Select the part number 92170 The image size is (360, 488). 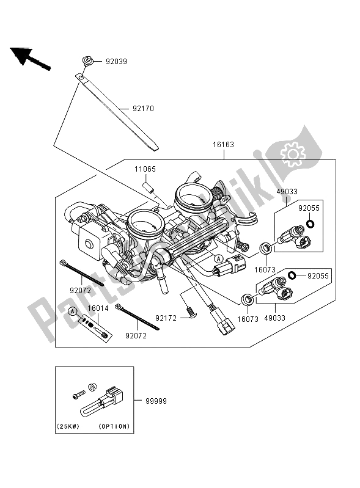coord(142,109)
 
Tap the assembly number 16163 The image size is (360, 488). coord(224,145)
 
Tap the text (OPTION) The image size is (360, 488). coord(116,426)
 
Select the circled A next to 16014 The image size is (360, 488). coord(73,311)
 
